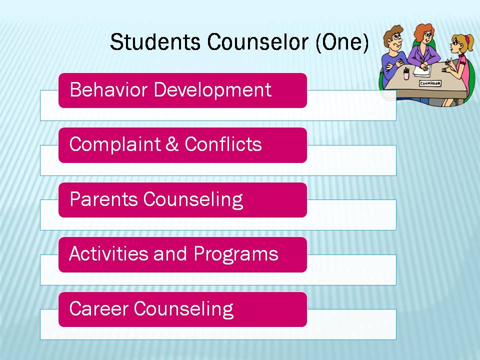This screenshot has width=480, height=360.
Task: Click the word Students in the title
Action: (155, 41)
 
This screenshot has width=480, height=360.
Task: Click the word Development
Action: (212, 90)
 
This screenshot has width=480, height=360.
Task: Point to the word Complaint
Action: (115, 144)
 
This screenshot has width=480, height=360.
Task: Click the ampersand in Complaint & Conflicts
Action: (172, 144)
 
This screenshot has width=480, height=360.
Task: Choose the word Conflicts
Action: (223, 144)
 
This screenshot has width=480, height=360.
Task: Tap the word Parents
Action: (103, 199)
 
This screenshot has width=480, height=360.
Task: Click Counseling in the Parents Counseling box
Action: (193, 200)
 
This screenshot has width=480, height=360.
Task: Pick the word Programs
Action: (236, 254)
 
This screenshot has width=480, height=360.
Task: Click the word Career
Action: (98, 308)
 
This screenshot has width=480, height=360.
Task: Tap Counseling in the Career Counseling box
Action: (183, 309)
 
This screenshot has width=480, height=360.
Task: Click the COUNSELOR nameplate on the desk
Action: (430, 83)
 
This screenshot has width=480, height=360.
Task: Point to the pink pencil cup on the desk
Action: (406, 74)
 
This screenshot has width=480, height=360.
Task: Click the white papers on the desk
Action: (422, 70)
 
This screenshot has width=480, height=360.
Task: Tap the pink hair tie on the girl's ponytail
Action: (467, 39)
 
